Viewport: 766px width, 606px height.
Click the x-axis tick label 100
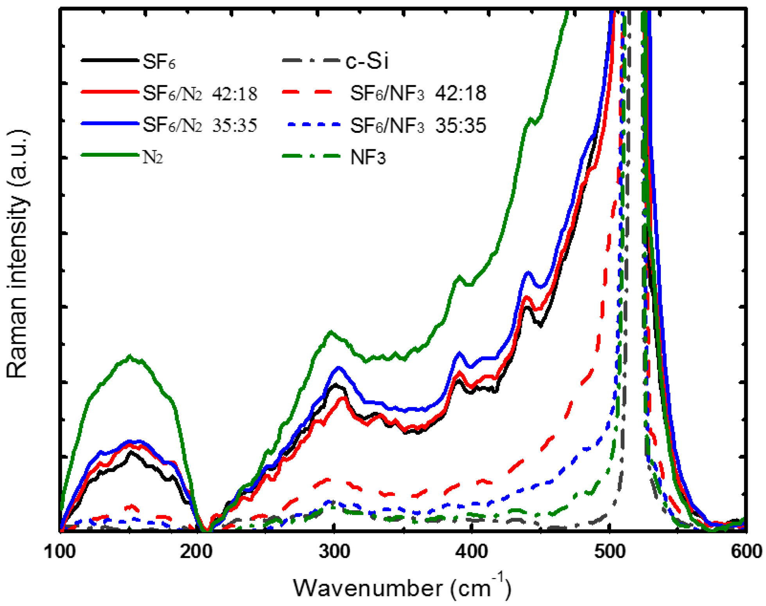[59, 552]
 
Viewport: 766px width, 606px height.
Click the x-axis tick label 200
[196, 552]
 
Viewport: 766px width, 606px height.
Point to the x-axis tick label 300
[334, 552]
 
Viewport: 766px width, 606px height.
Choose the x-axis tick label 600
[746, 552]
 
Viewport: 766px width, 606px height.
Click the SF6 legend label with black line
[159, 62]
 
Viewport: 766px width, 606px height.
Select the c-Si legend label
[367, 61]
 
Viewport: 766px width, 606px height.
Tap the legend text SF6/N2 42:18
[200, 94]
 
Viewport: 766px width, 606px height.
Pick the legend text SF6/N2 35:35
[200, 125]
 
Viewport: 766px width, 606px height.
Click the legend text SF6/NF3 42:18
[418, 94]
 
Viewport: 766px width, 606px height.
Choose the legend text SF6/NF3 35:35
[418, 125]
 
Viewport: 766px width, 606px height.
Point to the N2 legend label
[152, 157]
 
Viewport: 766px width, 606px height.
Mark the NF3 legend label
[368, 158]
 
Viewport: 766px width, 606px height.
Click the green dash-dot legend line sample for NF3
[311, 156]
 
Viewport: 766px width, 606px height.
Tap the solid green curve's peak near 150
[130, 356]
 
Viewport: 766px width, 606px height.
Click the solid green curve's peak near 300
[331, 332]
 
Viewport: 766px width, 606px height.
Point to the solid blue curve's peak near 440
[528, 272]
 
